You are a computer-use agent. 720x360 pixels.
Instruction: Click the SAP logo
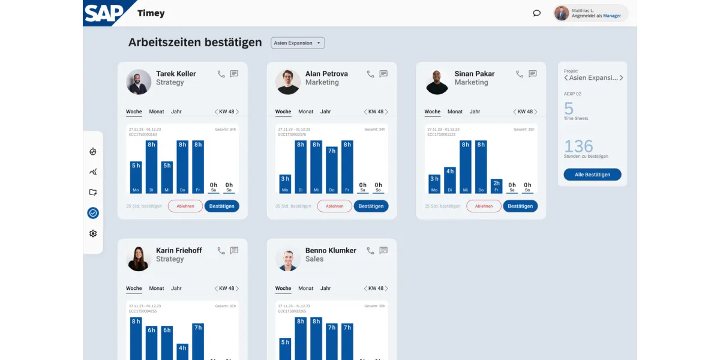[103, 13]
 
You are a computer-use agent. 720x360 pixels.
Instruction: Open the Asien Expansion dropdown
[298, 43]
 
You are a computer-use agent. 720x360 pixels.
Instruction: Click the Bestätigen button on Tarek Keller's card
[221, 206]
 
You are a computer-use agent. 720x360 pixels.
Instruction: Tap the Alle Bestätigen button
[592, 175]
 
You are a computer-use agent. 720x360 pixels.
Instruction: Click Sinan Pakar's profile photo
[437, 82]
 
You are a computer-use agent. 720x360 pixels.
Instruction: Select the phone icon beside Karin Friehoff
[221, 251]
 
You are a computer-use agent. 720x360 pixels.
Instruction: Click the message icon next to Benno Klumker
[383, 251]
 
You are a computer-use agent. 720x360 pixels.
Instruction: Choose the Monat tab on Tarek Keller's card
[157, 112]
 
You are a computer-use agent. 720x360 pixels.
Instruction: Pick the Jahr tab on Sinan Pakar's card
[475, 112]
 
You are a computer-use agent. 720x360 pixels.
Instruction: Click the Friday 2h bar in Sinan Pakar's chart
[496, 186]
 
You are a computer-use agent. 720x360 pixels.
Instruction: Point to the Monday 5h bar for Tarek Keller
[136, 177]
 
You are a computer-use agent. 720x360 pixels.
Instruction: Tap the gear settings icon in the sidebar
[93, 233]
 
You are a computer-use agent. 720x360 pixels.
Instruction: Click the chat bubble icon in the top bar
[536, 13]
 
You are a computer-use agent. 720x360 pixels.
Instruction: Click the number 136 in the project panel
[578, 146]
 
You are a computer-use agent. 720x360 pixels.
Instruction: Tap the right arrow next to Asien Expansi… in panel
[621, 78]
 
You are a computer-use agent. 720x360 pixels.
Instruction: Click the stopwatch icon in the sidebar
[93, 152]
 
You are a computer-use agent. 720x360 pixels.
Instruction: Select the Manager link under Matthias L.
[612, 16]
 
